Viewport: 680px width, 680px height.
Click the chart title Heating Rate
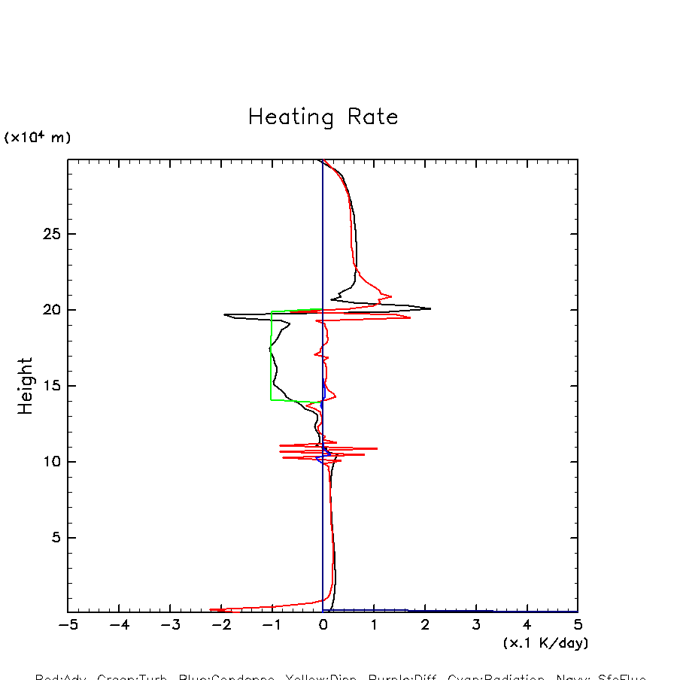323,117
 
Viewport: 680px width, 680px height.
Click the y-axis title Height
26,386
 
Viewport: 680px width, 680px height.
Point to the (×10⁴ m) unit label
38,138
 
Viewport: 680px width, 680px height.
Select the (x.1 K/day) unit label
545,643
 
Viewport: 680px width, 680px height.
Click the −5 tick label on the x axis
68,625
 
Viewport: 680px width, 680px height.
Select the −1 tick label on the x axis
272,625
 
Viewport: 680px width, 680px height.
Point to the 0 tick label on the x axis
323,625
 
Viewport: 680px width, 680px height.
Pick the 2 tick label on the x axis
425,625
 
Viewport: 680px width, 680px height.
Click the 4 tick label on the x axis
527,625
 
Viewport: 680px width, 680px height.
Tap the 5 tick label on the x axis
578,625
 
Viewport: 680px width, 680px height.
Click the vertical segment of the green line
272,354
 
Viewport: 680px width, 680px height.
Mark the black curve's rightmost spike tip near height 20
430,308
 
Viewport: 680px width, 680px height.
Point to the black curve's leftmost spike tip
224,314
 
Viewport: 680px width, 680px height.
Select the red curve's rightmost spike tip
410,317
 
